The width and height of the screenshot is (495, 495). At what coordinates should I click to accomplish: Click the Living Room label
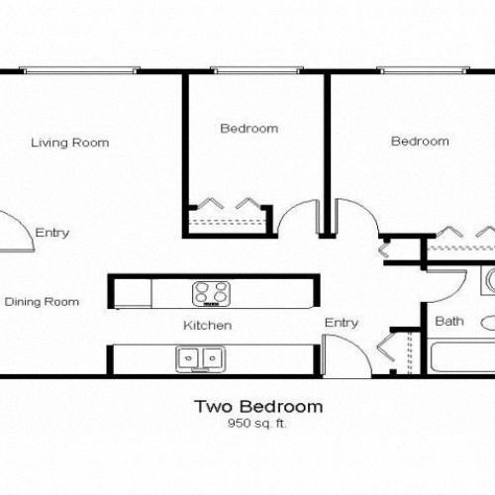coord(69,143)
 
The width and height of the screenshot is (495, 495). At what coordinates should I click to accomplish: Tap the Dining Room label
coord(42,301)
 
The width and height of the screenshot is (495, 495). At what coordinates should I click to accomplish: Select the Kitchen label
coord(207,325)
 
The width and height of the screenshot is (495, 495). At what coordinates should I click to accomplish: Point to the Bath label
coord(448,321)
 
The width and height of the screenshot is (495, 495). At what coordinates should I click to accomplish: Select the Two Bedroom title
coord(257,406)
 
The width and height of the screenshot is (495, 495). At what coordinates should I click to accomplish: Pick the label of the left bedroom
coord(248,129)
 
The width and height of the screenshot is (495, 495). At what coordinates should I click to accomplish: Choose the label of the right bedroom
coord(420,142)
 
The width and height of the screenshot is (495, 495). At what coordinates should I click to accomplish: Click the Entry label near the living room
coord(51,233)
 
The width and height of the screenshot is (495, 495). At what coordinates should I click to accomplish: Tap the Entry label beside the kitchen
coord(342,323)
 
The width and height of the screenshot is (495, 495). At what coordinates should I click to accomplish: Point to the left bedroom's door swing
coord(294,219)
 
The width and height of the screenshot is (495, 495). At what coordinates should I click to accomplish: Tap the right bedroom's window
coord(416,70)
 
